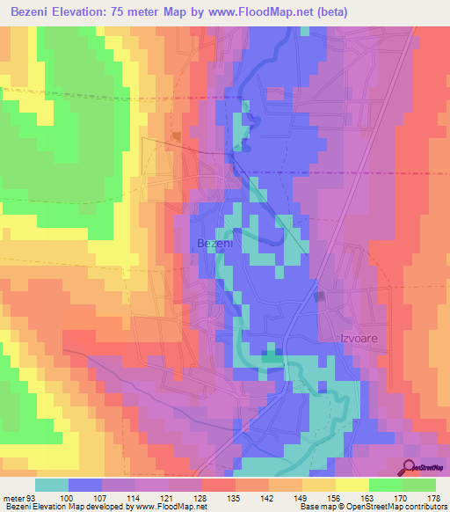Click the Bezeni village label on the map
pos(214,242)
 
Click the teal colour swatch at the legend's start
pos(51,485)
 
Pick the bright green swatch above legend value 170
pos(385,485)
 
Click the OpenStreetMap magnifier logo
pos(410,467)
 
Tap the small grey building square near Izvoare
pos(319,296)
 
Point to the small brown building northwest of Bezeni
pos(177,136)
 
